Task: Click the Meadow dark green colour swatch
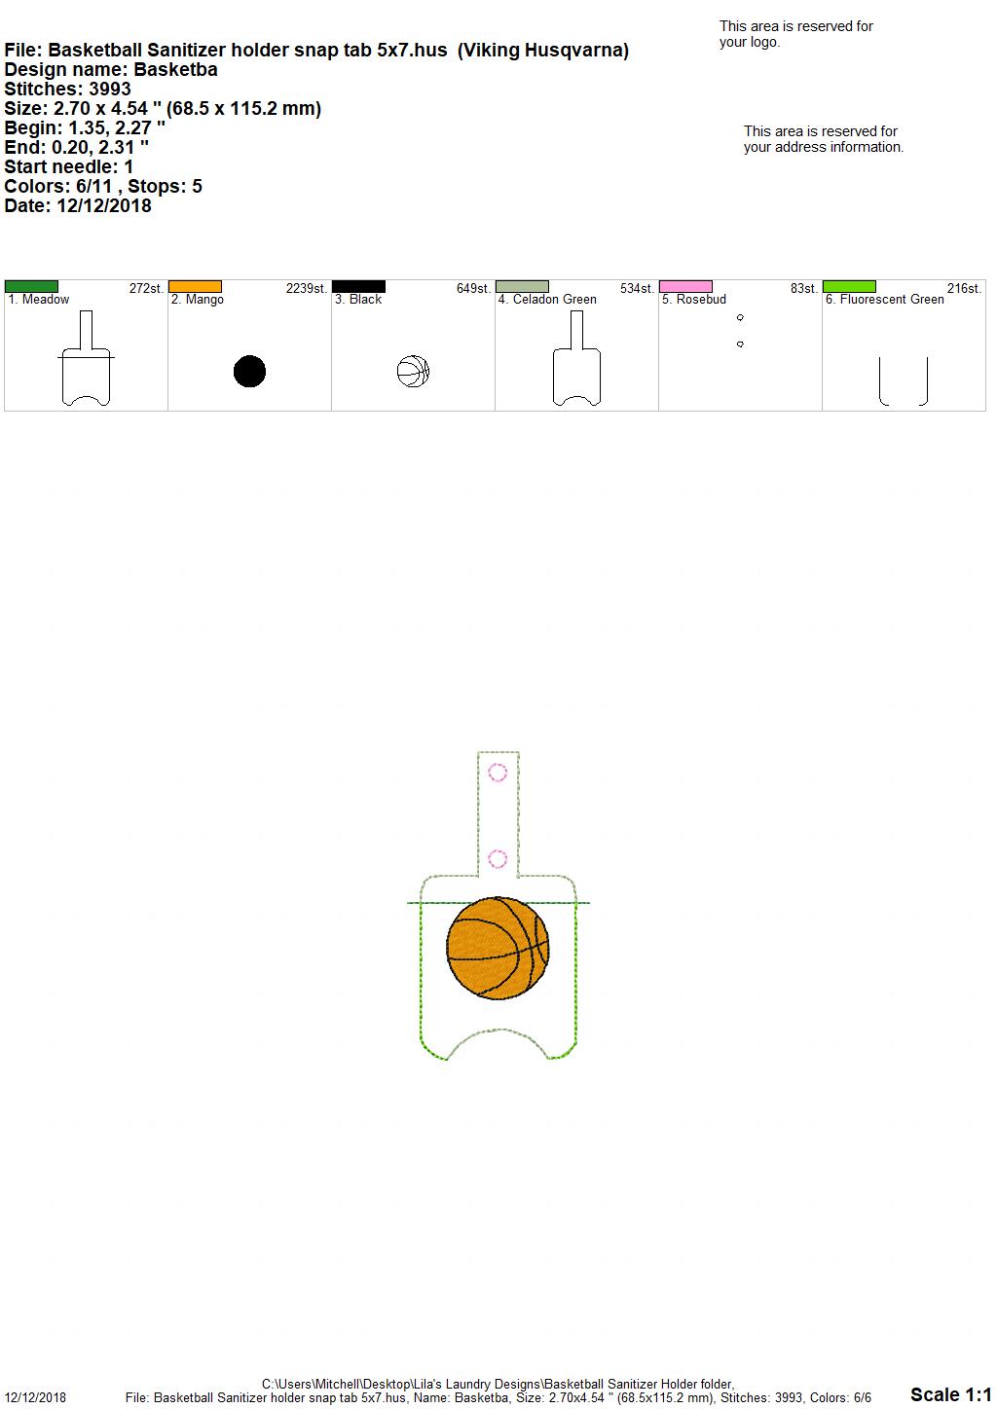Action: pyautogui.click(x=31, y=286)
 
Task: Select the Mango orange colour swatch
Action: pyautogui.click(x=195, y=286)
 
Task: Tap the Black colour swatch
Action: pyautogui.click(x=358, y=286)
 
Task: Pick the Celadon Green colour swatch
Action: pyautogui.click(x=523, y=286)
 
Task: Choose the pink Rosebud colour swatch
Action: pyautogui.click(x=686, y=286)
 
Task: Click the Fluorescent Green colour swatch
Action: pyautogui.click(x=850, y=286)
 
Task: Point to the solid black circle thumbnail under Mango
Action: pyautogui.click(x=250, y=371)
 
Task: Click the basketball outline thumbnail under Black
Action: pyautogui.click(x=414, y=371)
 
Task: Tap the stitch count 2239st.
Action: pyautogui.click(x=307, y=288)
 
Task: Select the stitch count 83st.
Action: pyautogui.click(x=804, y=288)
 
